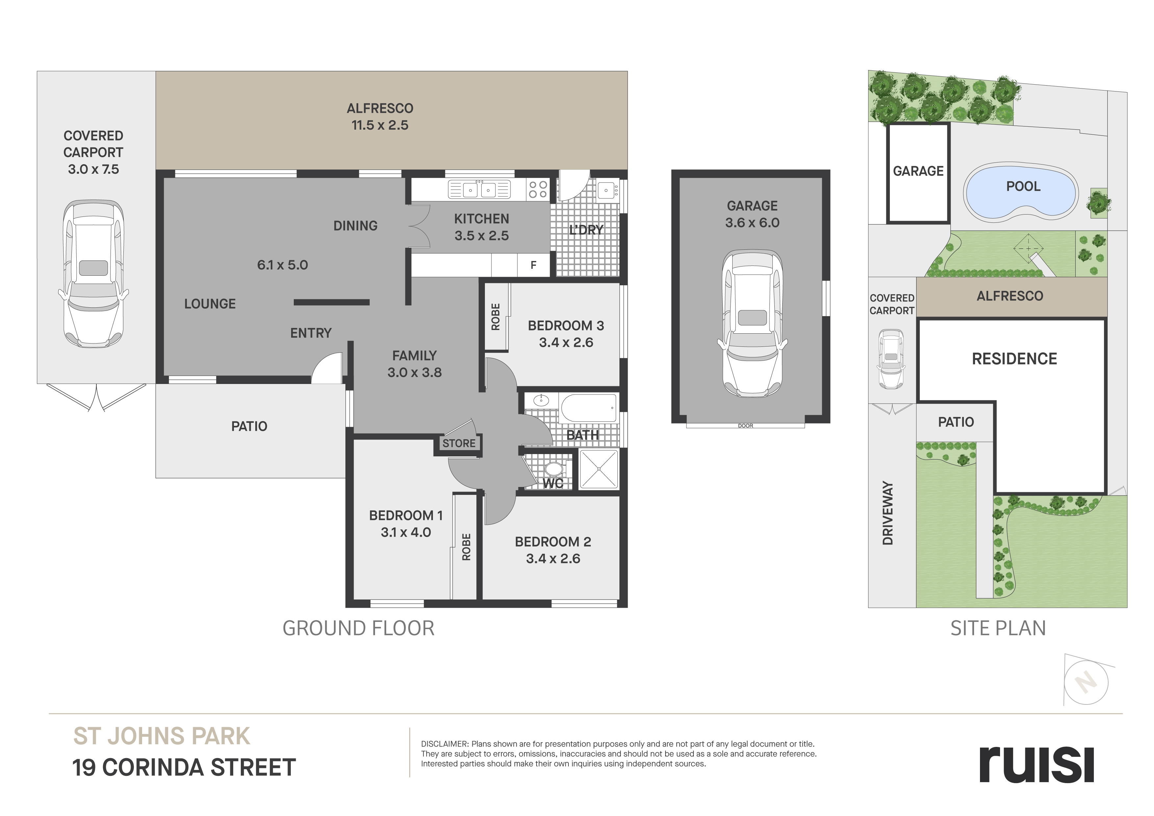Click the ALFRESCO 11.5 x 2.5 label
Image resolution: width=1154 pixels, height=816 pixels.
click(x=380, y=117)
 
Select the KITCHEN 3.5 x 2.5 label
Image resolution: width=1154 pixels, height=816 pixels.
click(x=482, y=227)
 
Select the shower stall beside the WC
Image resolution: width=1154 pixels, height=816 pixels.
click(x=599, y=469)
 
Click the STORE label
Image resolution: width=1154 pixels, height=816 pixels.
click(x=459, y=444)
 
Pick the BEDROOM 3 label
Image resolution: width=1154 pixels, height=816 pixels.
click(x=566, y=326)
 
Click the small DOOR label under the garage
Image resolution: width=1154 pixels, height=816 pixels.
click(x=745, y=426)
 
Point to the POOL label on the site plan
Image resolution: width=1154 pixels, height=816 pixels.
click(x=1023, y=187)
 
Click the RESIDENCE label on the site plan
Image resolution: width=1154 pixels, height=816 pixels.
click(x=1014, y=359)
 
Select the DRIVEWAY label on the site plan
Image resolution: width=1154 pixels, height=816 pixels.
click(x=888, y=513)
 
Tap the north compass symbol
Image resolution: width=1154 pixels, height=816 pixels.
click(x=1086, y=683)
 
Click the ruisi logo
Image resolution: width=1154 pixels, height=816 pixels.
click(x=1037, y=770)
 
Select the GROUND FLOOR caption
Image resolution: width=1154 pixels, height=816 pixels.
click(x=358, y=628)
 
